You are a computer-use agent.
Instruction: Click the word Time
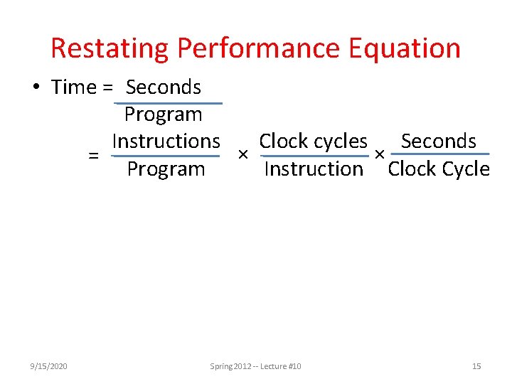point(73,87)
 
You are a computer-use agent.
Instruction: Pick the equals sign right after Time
point(107,88)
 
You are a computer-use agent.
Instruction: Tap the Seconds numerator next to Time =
point(164,87)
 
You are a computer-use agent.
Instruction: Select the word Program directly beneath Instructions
point(166,169)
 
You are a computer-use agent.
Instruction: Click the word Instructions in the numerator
point(166,142)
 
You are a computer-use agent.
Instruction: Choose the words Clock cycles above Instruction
point(313,142)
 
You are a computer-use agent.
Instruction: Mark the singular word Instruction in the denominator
point(313,169)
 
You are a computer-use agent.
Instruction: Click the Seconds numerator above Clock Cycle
point(438,142)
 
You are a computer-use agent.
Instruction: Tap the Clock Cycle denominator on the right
point(439,169)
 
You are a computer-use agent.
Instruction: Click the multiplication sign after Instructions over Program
point(242,155)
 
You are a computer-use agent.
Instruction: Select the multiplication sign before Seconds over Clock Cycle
point(380,154)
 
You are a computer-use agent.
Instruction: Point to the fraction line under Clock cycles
point(313,155)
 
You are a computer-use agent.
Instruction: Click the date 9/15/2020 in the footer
point(50,366)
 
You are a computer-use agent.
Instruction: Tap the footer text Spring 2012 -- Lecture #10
point(255,366)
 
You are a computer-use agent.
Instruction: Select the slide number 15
point(476,366)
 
